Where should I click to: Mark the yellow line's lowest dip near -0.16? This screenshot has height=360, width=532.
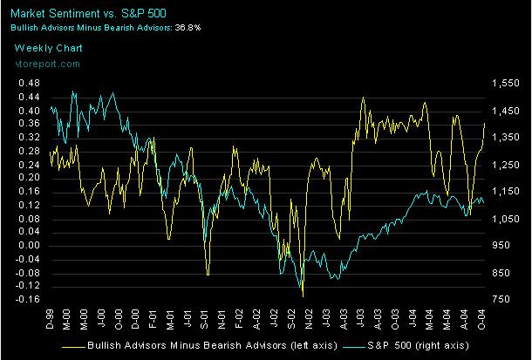(x=303, y=296)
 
